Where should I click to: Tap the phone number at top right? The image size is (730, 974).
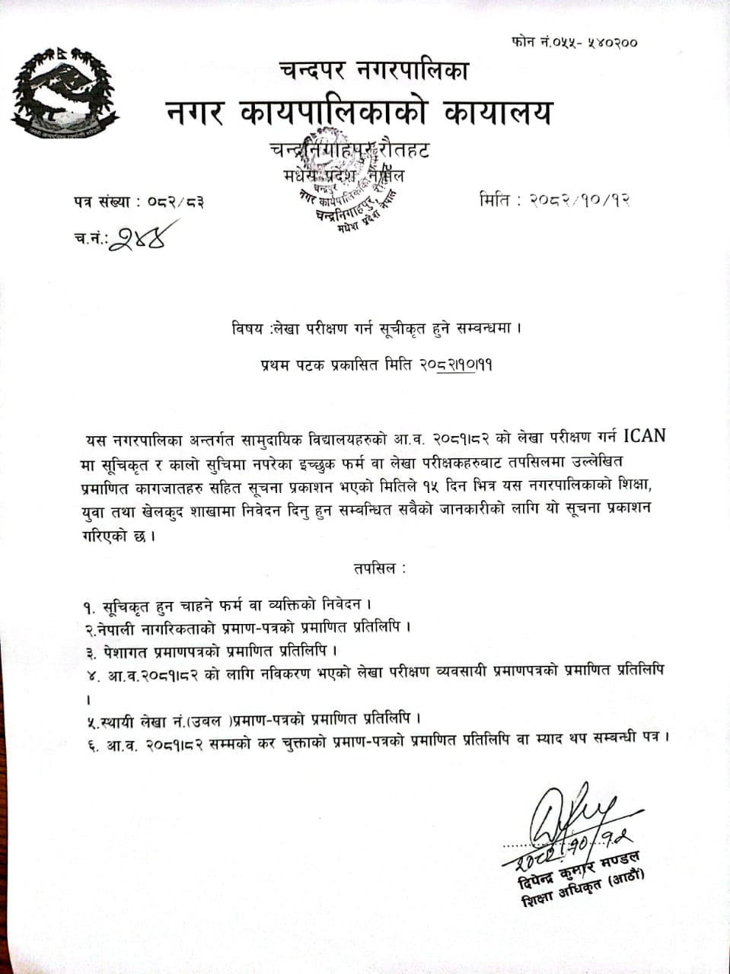(575, 41)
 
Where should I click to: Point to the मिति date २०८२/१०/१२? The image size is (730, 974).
(582, 201)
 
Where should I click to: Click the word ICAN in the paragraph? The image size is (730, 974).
(644, 437)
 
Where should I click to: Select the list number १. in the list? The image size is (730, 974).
(90, 608)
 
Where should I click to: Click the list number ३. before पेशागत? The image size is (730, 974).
(90, 651)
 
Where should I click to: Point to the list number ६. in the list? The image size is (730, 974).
(91, 739)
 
